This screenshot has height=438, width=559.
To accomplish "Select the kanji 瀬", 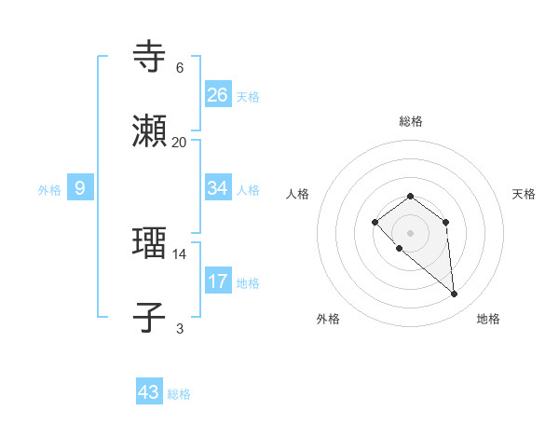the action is click(150, 132).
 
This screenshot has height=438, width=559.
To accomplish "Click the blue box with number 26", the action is click(218, 94).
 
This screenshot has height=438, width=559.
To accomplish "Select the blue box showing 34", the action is click(218, 188).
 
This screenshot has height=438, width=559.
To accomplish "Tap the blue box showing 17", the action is click(218, 281).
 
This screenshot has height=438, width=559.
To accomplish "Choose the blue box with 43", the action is click(149, 392).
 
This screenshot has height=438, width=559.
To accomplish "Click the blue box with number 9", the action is click(80, 188).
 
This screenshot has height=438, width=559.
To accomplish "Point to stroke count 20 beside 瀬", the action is click(179, 142).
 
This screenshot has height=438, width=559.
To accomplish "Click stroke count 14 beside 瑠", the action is click(179, 253).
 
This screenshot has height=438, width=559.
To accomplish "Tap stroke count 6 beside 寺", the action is click(179, 67).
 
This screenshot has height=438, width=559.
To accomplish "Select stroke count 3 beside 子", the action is click(179, 328).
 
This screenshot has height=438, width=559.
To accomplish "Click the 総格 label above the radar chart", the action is click(410, 121).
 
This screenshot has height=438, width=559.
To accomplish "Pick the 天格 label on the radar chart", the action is click(524, 194).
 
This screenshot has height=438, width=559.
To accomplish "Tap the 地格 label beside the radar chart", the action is click(488, 319).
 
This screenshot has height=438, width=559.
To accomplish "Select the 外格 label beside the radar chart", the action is click(328, 319).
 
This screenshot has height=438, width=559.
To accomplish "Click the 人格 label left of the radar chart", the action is click(298, 194).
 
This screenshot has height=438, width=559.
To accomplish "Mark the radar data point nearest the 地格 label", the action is click(455, 294).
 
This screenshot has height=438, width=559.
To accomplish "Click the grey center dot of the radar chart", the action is click(410, 232).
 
